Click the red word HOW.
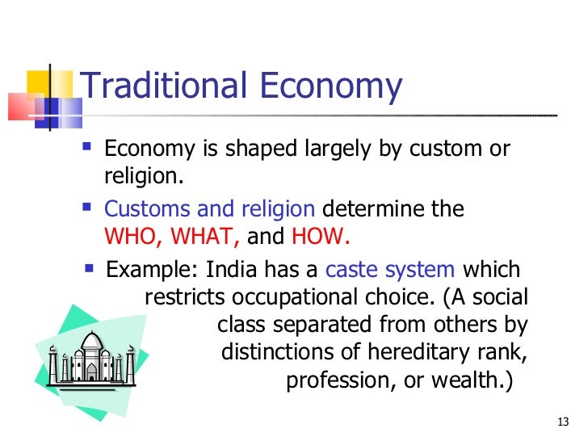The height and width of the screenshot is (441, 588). tap(321, 238)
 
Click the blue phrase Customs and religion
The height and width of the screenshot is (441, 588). tap(210, 209)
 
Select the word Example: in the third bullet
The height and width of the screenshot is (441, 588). tap(153, 269)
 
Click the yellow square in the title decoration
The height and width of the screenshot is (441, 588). tap(40, 83)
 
